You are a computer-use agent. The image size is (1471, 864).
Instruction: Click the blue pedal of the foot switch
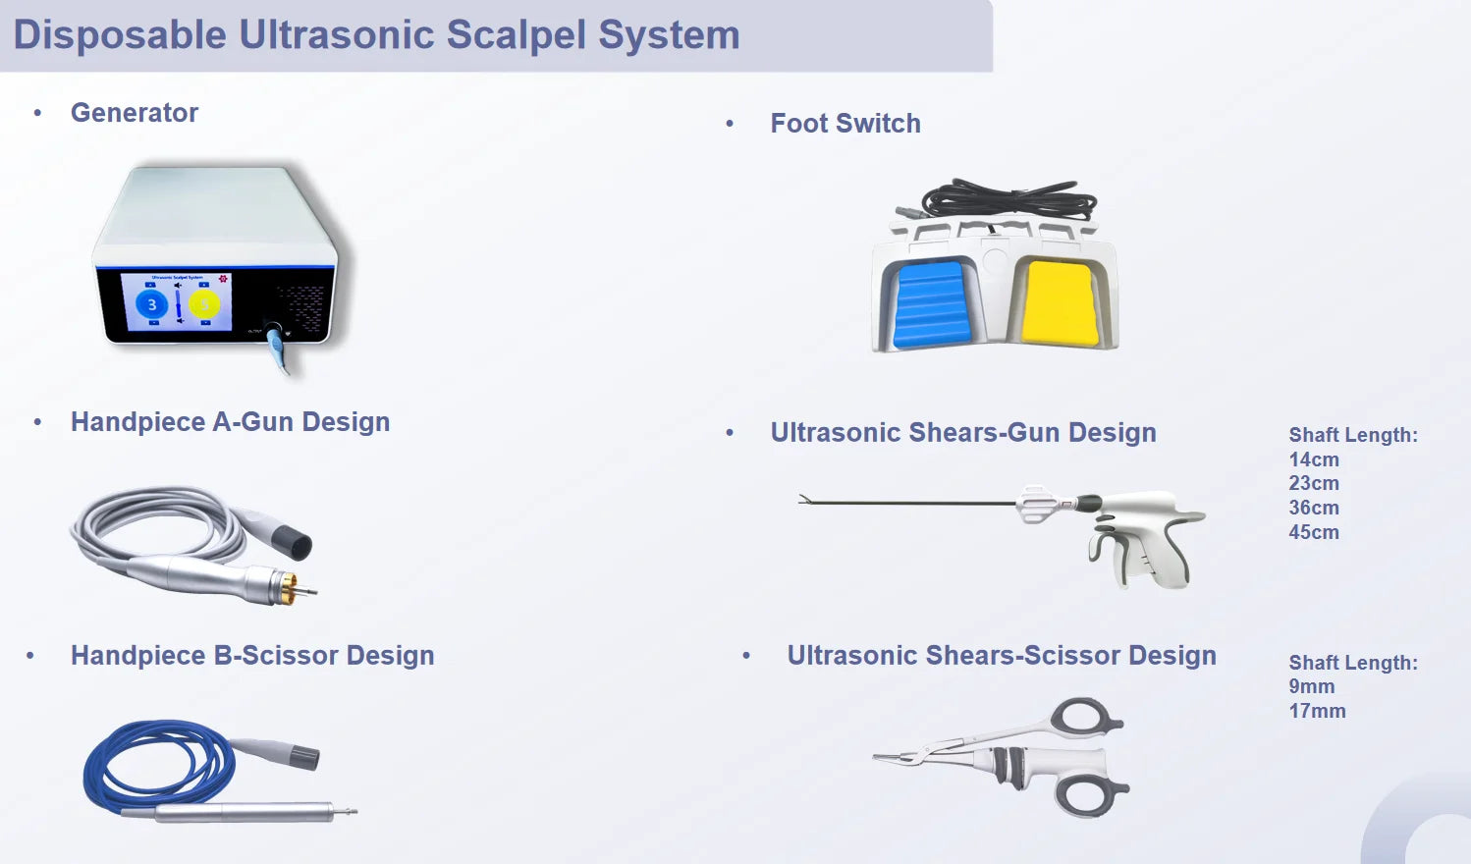coord(932,304)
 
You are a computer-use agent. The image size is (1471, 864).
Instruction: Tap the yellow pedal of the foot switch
coord(1060,303)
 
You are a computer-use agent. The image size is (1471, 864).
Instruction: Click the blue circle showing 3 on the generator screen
coord(151,304)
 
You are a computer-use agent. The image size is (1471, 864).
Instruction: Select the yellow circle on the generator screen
coord(204,304)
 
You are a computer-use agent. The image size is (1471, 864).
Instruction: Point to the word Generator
coord(134,113)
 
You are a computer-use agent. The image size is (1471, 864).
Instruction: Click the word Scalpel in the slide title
coord(516,34)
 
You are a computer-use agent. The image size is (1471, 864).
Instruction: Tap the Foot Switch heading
coord(845,124)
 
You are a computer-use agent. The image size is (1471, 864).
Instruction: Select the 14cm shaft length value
coord(1314,459)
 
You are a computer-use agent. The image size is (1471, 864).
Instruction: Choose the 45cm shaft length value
coord(1314,532)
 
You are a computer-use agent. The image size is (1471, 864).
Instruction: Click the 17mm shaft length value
coord(1317,711)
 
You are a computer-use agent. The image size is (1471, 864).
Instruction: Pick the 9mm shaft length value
coord(1311,686)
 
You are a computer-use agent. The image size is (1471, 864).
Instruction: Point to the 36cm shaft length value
coord(1314,508)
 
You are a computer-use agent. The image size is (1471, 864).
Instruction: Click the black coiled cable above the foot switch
coord(1008,198)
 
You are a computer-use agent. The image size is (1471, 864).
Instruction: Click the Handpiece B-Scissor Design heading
coord(252,656)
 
